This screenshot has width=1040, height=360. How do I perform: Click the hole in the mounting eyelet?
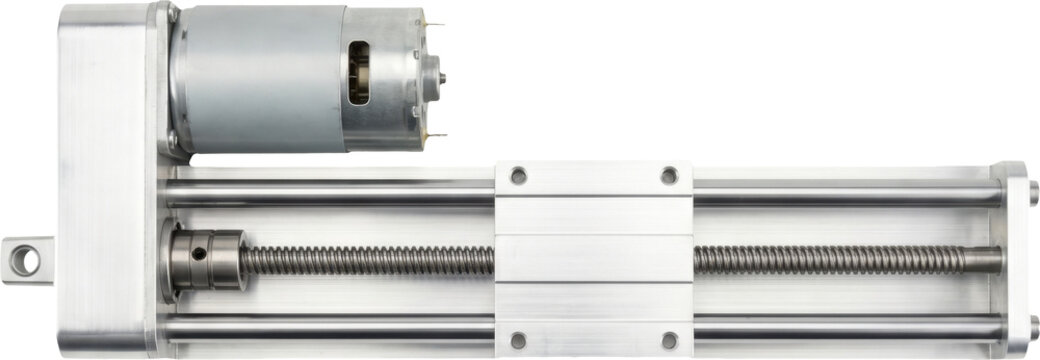(x=26, y=261)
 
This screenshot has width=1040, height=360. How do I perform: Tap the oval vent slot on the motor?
(x=358, y=72)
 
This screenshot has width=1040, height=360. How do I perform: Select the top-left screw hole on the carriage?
(x=518, y=177)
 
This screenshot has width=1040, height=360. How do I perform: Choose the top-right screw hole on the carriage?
(x=669, y=177)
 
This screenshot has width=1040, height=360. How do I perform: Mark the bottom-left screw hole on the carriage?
(x=518, y=340)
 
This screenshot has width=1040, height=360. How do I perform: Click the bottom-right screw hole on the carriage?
(x=669, y=340)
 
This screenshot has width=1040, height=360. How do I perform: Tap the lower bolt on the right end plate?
(x=1033, y=325)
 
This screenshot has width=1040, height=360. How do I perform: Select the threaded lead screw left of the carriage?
(x=370, y=261)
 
